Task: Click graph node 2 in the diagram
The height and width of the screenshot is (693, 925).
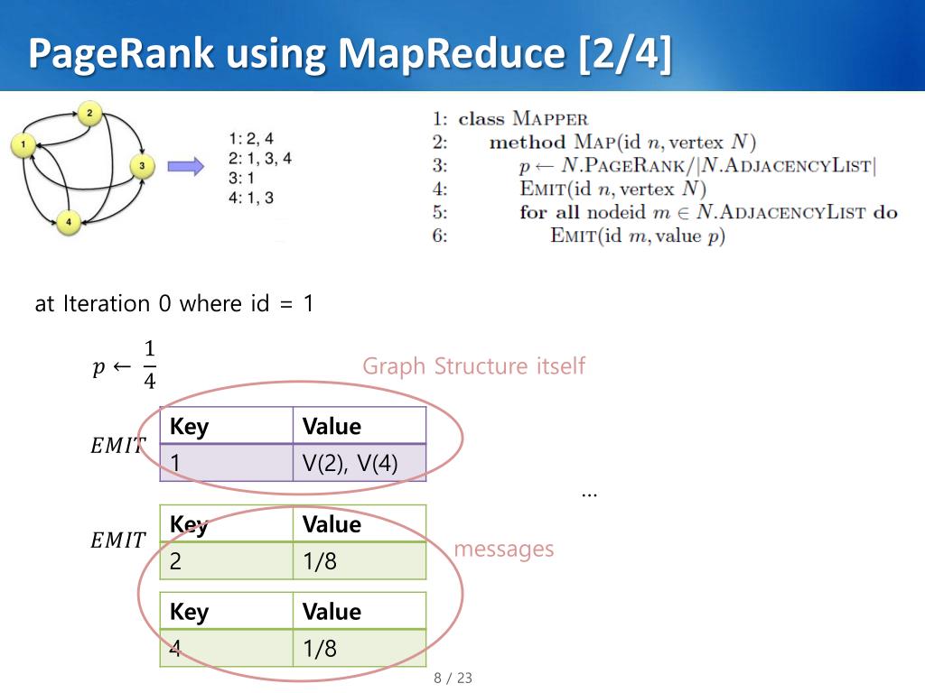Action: [x=89, y=114]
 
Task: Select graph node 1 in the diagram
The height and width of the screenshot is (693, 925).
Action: [x=23, y=143]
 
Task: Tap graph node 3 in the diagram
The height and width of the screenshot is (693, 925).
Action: [x=142, y=166]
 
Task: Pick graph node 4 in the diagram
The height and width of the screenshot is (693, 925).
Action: [x=68, y=221]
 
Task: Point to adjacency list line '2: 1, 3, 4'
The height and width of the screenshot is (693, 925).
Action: [x=260, y=158]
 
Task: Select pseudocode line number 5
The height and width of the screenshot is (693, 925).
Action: [x=440, y=213]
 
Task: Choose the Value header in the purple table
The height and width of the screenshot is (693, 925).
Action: [x=332, y=426]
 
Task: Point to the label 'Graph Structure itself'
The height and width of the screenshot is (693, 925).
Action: [x=473, y=366]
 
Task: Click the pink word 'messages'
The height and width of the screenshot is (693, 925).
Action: [x=503, y=549]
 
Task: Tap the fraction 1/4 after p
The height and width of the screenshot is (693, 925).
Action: [x=149, y=365]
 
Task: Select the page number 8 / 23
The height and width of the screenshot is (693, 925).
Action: [x=453, y=678]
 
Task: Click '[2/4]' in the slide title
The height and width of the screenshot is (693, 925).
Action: [x=624, y=53]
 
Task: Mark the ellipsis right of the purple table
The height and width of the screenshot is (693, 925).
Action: [x=589, y=494]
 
